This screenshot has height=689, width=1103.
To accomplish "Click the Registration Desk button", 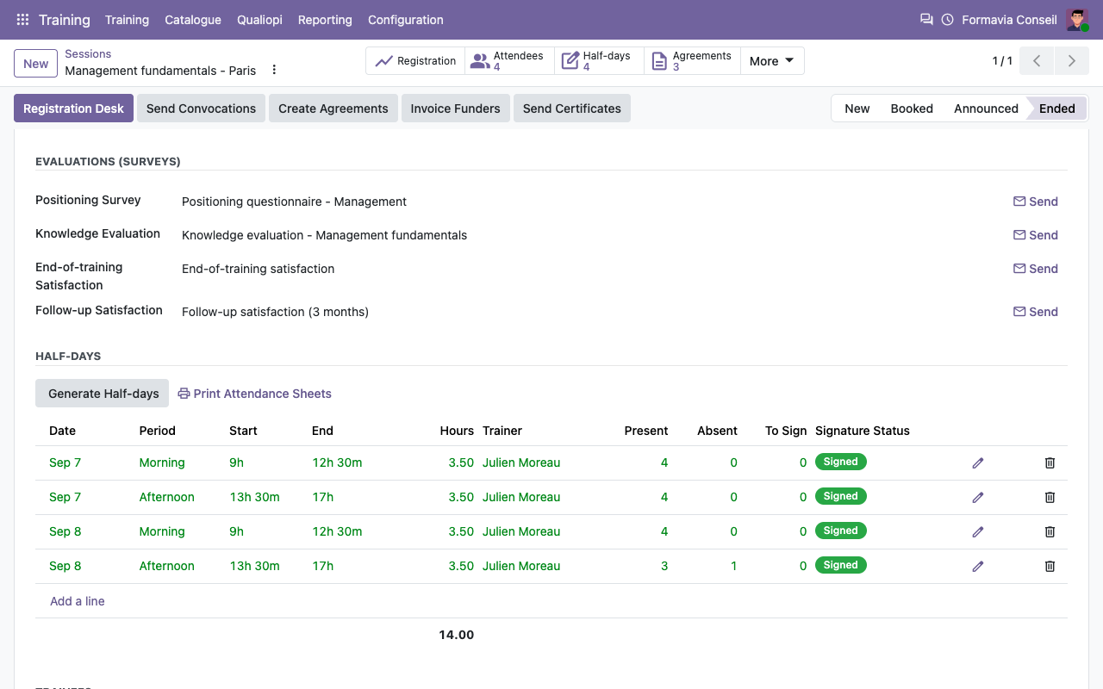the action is point(73,109).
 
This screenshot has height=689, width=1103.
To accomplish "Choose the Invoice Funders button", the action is point(456,109).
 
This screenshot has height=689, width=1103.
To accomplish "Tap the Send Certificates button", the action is point(571,109).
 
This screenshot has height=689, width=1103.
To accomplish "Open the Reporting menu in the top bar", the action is point(325,20).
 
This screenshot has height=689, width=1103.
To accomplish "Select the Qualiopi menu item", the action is point(259,20).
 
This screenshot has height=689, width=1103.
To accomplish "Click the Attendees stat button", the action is point(509,61).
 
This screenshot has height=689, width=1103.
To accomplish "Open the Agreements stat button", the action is point(692,61).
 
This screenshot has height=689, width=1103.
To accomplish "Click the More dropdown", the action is point(771,61).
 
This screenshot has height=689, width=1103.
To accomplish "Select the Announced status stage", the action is point(986,109).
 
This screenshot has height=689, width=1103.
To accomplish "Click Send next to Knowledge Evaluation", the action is point(1035,235).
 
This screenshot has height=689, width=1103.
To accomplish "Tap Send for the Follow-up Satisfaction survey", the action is point(1035,312).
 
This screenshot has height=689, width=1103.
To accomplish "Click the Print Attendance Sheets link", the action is point(254,394).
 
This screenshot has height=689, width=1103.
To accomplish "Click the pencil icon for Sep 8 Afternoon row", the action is point(978,567).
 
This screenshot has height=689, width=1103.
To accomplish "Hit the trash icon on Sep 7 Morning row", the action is point(1050,463).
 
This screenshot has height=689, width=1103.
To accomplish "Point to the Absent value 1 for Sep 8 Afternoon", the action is point(733,566).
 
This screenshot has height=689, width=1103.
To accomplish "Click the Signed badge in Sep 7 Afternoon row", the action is point(840,496).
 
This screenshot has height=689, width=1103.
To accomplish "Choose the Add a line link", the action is point(78,601).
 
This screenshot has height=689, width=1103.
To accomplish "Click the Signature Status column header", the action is point(863,431).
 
